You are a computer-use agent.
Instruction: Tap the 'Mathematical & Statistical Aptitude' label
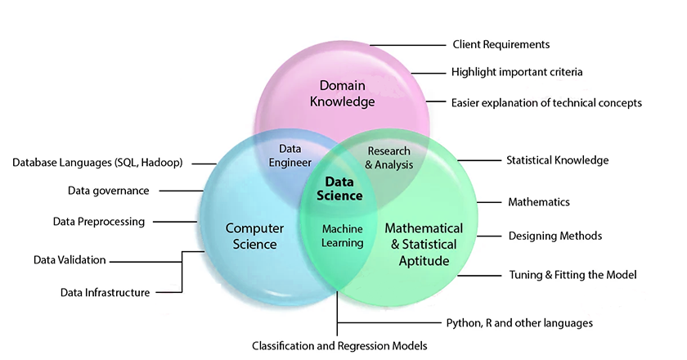click(x=424, y=244)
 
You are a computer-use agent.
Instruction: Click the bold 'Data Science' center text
click(x=339, y=189)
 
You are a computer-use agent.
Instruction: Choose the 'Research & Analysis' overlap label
click(x=388, y=158)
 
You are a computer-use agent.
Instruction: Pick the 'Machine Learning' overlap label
click(x=342, y=236)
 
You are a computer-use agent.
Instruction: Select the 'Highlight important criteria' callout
click(x=517, y=72)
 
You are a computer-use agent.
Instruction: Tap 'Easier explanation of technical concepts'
click(x=546, y=103)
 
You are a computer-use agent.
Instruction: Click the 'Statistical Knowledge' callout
click(x=557, y=160)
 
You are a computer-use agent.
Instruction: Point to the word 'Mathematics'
click(x=538, y=201)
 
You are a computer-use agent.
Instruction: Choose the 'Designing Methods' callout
click(x=555, y=236)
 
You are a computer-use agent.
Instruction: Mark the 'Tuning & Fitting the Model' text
click(x=572, y=275)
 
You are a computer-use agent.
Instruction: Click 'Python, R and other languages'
click(x=519, y=322)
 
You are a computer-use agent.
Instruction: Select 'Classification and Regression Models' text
click(x=339, y=346)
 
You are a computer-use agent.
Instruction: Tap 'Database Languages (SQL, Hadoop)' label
click(x=97, y=163)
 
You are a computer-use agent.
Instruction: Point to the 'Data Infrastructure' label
click(x=105, y=292)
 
